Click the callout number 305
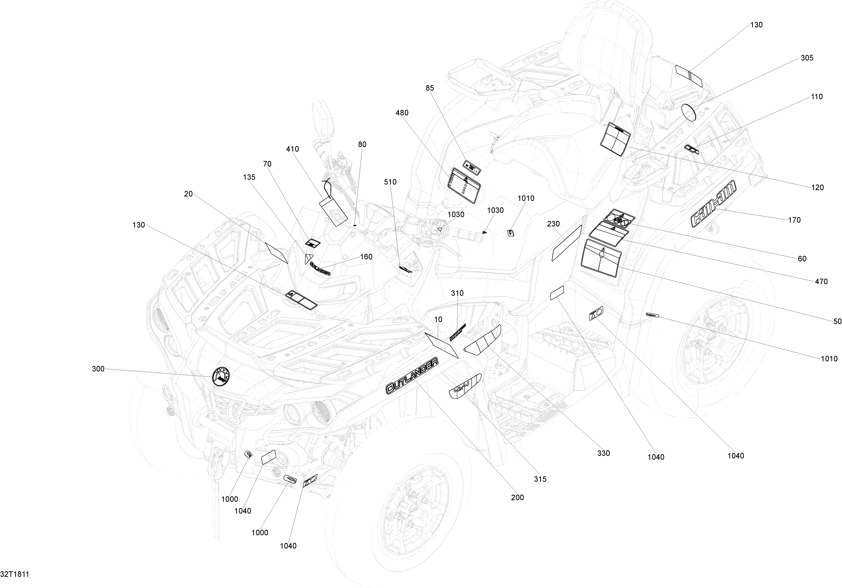click(807, 58)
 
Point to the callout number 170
click(794, 220)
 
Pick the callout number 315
click(540, 479)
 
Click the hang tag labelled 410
click(333, 207)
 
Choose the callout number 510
click(391, 182)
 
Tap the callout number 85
click(430, 88)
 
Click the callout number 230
click(553, 224)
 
